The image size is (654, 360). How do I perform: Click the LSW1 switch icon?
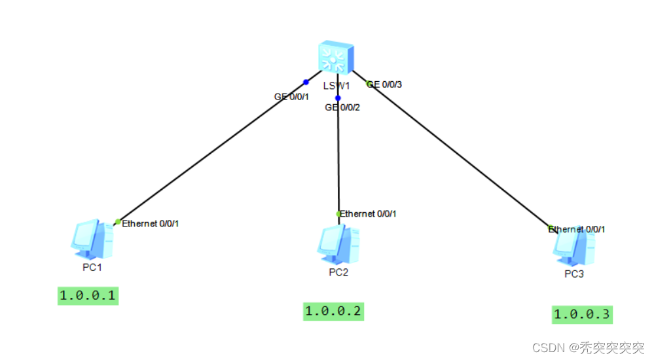point(336,58)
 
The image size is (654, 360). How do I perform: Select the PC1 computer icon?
point(91,240)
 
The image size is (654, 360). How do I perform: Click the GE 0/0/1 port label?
point(291,96)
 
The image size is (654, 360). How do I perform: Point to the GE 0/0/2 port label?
point(342,107)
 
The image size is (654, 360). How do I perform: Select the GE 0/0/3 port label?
point(386,84)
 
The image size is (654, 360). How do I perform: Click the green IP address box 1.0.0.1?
point(88,296)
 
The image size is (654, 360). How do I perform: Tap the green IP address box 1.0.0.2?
point(333,311)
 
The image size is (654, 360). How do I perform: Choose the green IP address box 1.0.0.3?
point(581,314)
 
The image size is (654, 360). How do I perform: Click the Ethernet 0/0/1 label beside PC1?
point(151,224)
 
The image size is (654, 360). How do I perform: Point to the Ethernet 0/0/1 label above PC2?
point(368,214)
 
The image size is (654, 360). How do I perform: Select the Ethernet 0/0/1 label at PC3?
point(577,229)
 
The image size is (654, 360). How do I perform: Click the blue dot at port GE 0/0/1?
point(306,82)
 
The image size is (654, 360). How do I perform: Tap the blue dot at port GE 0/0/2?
point(338,98)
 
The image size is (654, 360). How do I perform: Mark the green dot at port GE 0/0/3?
point(369,84)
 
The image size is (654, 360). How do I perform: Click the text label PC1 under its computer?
point(92,268)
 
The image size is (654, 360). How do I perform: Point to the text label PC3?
point(574,274)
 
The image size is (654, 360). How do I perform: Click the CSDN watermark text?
point(588,348)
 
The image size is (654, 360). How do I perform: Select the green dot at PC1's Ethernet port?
point(118,222)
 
